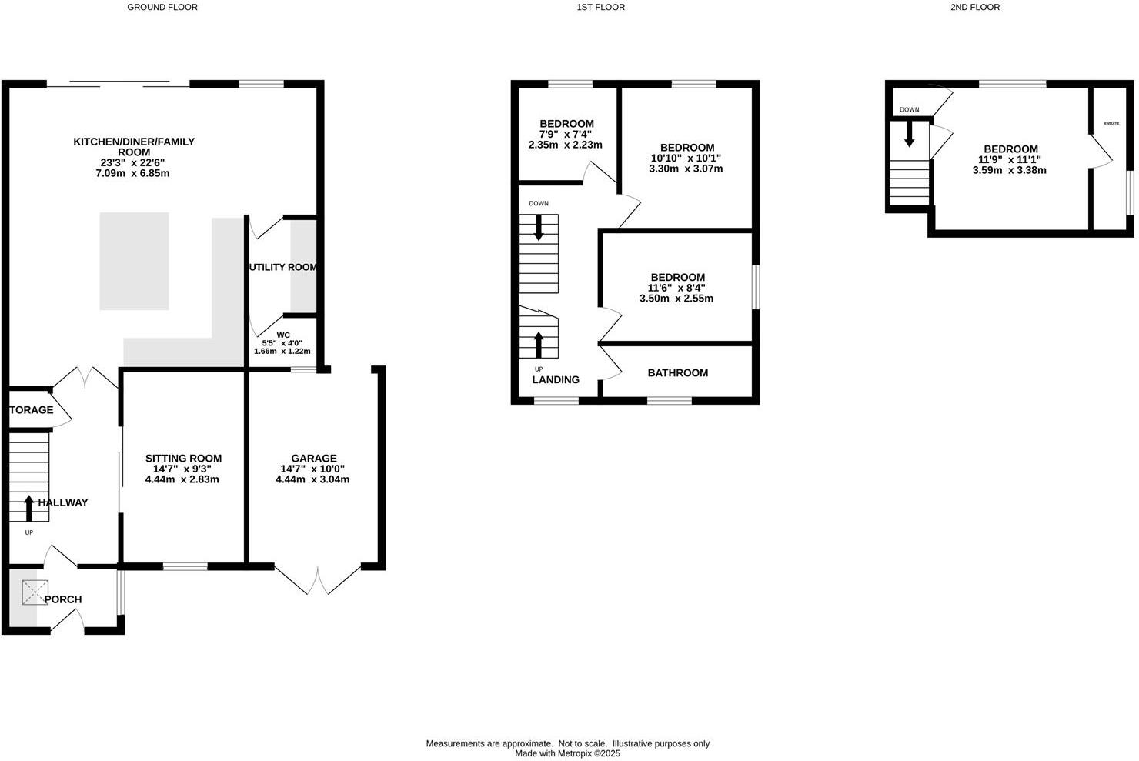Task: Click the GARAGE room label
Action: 313,459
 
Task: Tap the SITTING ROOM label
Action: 183,459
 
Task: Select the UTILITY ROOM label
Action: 282,268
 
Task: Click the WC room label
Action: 283,335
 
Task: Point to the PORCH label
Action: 63,599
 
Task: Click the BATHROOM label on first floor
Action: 677,373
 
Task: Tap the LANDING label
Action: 556,379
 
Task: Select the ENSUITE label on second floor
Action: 1111,123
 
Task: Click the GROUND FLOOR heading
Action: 162,7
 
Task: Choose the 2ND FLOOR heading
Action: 974,7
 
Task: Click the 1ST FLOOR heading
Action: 600,7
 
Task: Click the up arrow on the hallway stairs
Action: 29,508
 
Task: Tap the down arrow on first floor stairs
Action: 538,227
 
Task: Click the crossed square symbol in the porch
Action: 35,592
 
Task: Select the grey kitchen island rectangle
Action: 134,261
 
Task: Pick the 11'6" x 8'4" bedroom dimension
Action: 676,288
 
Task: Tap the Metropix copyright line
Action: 567,754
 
